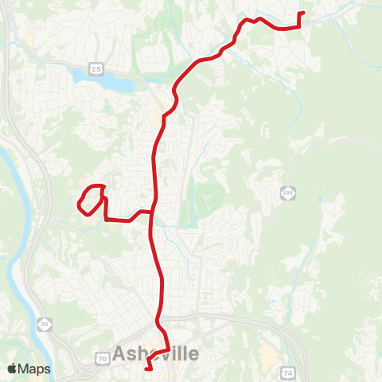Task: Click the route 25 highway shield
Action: (95, 70)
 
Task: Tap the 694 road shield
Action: (287, 193)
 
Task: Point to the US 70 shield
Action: (103, 360)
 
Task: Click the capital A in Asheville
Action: (120, 353)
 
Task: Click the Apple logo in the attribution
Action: (13, 368)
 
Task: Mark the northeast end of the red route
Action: (302, 14)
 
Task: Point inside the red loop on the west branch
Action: (91, 199)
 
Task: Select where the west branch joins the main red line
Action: (153, 212)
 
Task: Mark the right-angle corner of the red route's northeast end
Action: (298, 26)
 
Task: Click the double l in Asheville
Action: (181, 353)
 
